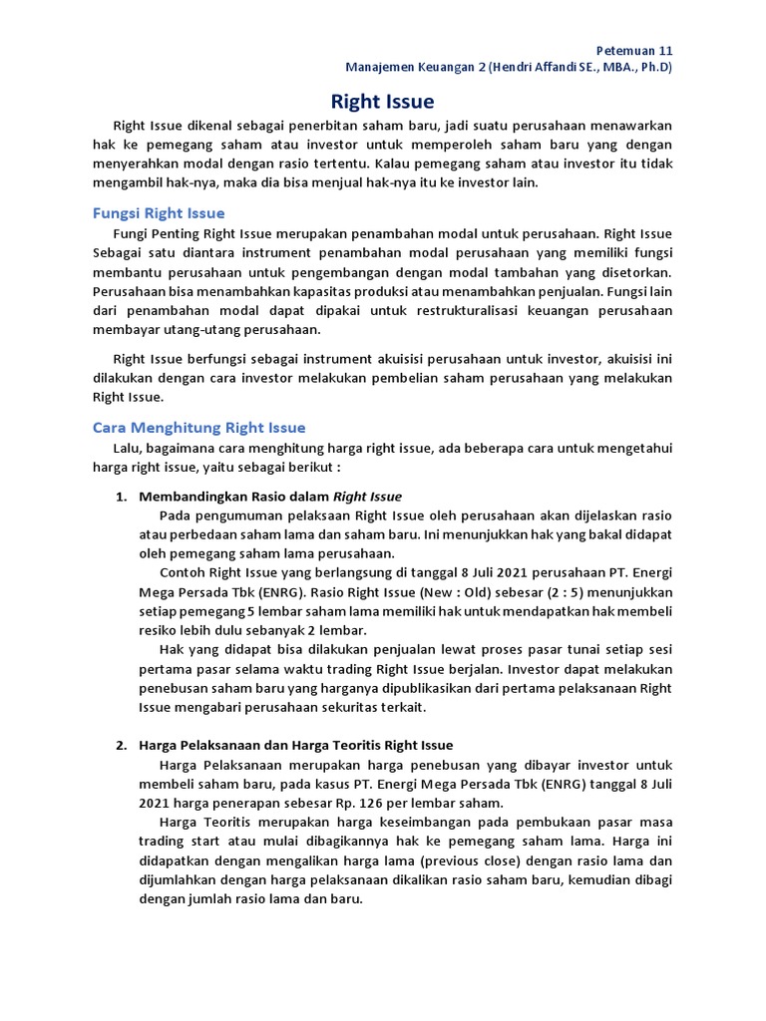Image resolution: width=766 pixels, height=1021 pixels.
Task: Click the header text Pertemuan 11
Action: (634, 49)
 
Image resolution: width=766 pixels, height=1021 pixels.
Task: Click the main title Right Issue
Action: (382, 101)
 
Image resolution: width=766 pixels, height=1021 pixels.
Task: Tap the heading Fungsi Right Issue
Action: (159, 212)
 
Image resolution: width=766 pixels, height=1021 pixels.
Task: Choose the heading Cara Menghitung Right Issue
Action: (198, 427)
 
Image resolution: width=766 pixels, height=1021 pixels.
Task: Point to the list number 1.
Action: (121, 496)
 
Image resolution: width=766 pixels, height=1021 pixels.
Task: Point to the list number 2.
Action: (121, 745)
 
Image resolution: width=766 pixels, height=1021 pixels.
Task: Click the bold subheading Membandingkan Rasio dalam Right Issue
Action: (270, 496)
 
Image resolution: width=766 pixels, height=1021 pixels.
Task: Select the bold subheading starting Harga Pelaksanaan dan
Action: (296, 745)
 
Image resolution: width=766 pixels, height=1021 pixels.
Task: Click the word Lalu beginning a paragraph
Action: (129, 448)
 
